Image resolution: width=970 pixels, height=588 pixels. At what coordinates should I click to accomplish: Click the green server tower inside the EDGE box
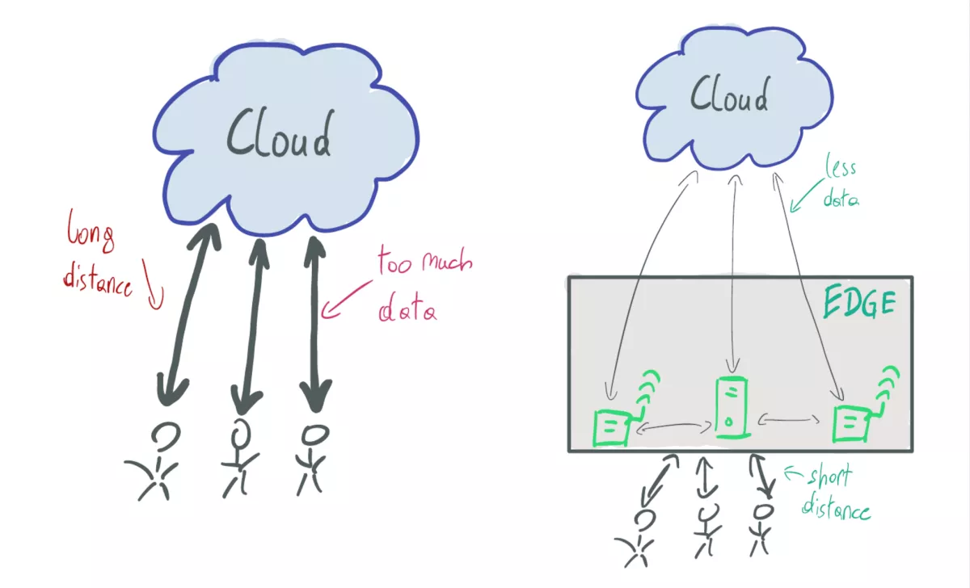tap(732, 409)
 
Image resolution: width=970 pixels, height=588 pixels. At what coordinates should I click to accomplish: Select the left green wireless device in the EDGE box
tap(612, 426)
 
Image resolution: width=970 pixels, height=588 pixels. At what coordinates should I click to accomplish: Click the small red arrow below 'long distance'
tap(155, 292)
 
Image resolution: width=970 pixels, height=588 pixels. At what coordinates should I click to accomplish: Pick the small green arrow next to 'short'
tap(791, 471)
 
